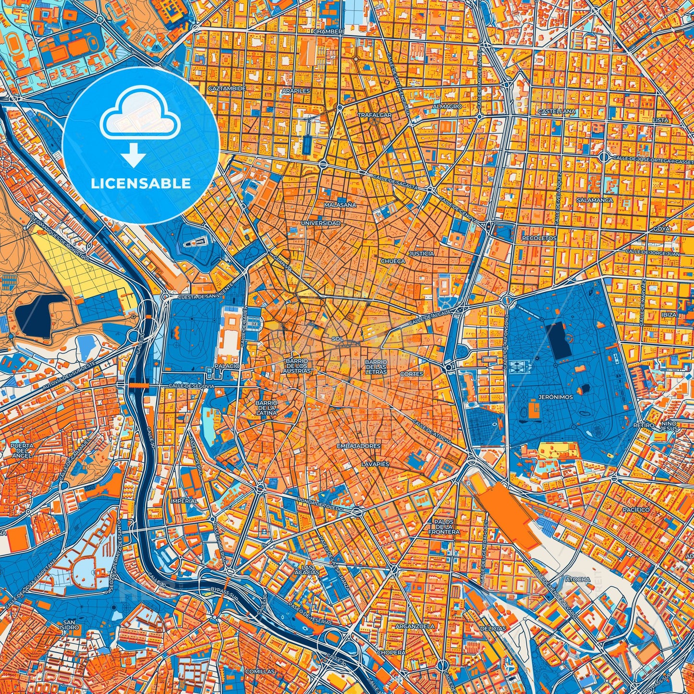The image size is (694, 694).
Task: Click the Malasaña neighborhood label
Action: coord(340,205)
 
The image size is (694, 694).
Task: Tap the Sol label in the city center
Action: coord(337,339)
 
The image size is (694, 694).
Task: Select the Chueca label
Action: coord(393,261)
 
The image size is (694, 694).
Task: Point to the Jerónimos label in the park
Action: coord(556,397)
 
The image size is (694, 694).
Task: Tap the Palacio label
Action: coord(227,366)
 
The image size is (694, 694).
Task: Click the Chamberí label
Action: coord(328,31)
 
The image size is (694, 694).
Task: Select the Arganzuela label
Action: coord(414,626)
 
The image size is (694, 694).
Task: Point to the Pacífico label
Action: coord(636,510)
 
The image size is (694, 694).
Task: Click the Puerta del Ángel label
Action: coord(22,450)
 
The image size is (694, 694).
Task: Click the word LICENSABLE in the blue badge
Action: coord(141,183)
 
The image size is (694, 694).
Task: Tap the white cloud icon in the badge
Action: coord(140,115)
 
